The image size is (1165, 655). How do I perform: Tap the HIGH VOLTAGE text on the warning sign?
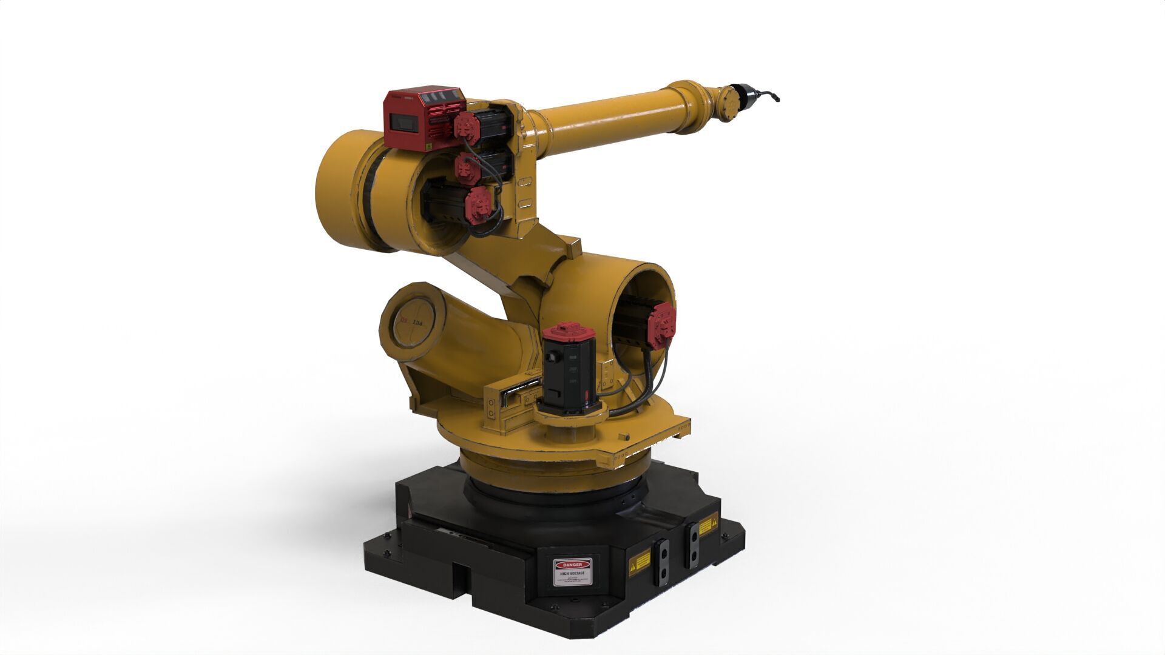click(x=573, y=573)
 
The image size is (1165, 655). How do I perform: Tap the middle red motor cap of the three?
click(x=467, y=167)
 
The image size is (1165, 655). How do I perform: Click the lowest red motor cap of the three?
click(x=478, y=204)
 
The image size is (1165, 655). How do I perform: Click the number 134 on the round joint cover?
click(x=418, y=323)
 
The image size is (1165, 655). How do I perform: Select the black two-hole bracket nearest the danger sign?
click(x=662, y=563)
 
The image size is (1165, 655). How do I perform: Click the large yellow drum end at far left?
click(x=341, y=188)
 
